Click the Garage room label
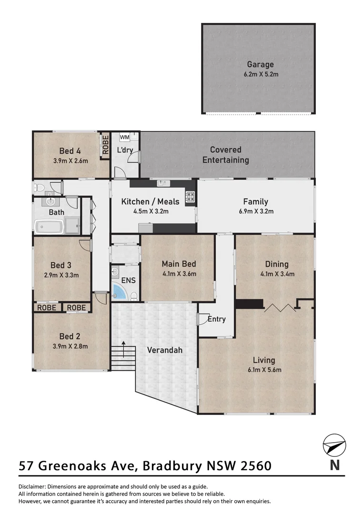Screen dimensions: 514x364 point(260,64)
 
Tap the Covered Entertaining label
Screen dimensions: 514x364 point(225,155)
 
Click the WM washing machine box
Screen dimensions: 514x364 point(124,138)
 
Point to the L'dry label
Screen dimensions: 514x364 point(125,150)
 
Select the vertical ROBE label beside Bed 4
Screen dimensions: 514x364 point(105,145)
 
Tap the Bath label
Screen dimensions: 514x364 point(56,212)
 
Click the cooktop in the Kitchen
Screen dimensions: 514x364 point(190,197)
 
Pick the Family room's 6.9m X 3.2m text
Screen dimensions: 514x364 point(255,211)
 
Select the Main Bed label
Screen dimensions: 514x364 point(179,264)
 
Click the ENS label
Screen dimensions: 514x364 point(129,281)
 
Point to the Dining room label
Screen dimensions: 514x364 point(277,264)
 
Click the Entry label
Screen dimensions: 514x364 point(217,319)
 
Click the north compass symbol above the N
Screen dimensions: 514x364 point(334,446)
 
